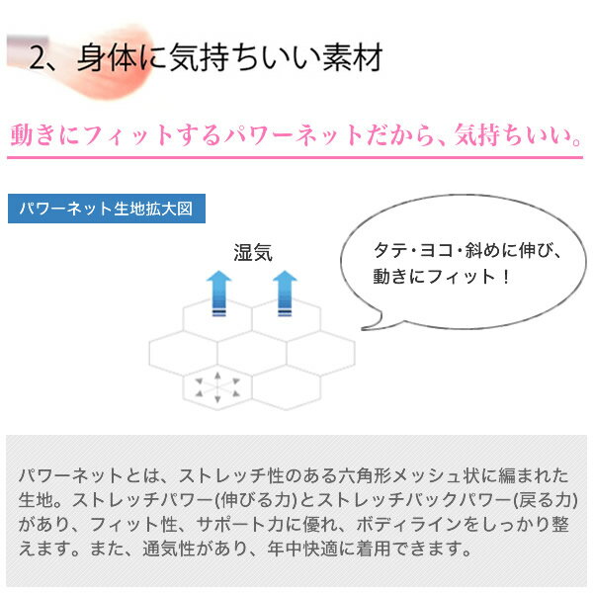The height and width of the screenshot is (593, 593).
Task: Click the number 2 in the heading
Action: click(39, 58)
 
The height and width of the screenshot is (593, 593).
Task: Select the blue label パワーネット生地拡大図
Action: click(107, 209)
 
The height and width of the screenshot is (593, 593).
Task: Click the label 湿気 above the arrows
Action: click(253, 253)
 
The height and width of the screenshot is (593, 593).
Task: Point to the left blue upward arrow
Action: click(218, 294)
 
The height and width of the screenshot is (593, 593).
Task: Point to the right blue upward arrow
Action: click(285, 294)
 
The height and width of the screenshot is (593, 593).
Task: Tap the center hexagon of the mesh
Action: click(252, 353)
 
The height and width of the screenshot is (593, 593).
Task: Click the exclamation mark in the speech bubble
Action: click(506, 277)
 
